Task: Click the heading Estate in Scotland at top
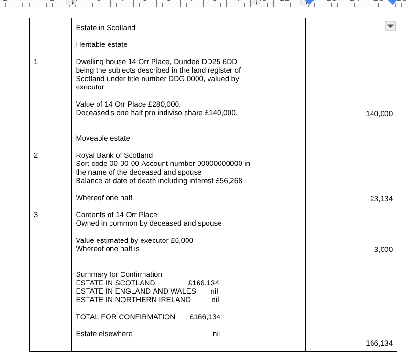click(x=105, y=28)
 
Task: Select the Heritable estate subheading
click(x=101, y=44)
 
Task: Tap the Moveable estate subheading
click(x=103, y=138)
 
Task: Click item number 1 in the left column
click(x=35, y=62)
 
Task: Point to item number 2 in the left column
click(x=35, y=155)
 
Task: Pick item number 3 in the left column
click(x=35, y=215)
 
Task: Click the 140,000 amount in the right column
click(x=379, y=114)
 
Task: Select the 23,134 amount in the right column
click(x=381, y=199)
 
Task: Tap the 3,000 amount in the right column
click(x=383, y=250)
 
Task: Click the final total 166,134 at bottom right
click(x=379, y=343)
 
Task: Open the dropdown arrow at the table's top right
click(x=390, y=26)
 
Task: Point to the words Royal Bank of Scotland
click(x=114, y=155)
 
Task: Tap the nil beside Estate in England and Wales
click(x=214, y=291)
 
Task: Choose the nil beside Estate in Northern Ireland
click(x=215, y=300)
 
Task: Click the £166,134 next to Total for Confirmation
click(x=205, y=317)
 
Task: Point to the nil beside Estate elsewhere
click(x=216, y=334)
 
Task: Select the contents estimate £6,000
click(x=182, y=240)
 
